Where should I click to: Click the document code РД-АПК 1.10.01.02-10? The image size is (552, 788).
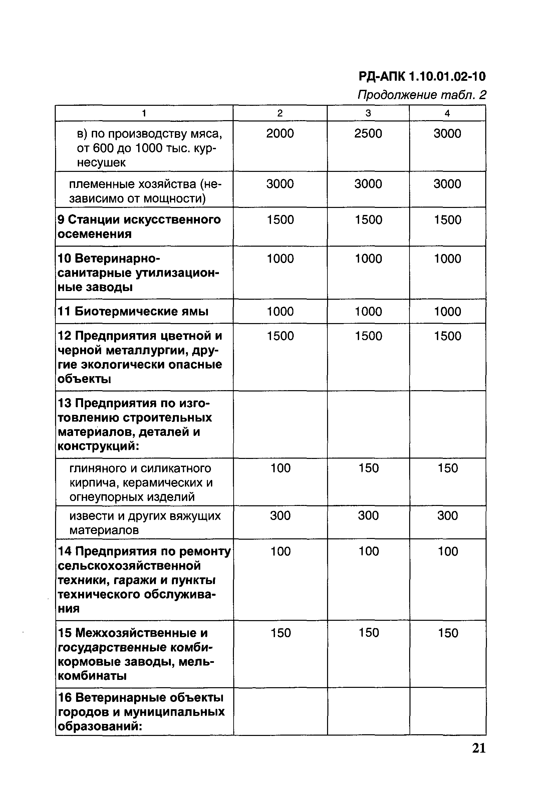coord(422,76)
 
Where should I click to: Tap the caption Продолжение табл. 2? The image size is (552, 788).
coord(422,94)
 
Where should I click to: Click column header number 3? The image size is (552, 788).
coord(368,113)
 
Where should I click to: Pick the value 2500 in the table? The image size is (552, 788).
coord(368,133)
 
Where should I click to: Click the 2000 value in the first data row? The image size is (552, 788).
coord(280,133)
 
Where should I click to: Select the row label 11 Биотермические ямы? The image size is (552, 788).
coord(133,311)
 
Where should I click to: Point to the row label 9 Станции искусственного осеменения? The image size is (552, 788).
coord(139,227)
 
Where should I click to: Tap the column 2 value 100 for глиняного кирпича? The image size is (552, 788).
coord(280,468)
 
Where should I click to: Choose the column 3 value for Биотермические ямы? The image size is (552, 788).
coord(368,311)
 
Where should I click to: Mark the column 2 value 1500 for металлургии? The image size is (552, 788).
coord(280,336)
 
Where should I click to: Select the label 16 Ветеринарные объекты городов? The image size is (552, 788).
coord(141,712)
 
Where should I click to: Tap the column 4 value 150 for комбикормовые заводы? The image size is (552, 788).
coord(448,632)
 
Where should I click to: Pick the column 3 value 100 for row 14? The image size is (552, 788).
coord(368,551)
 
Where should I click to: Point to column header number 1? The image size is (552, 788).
coord(144,113)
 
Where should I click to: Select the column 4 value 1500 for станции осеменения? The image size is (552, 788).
coord(447,220)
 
